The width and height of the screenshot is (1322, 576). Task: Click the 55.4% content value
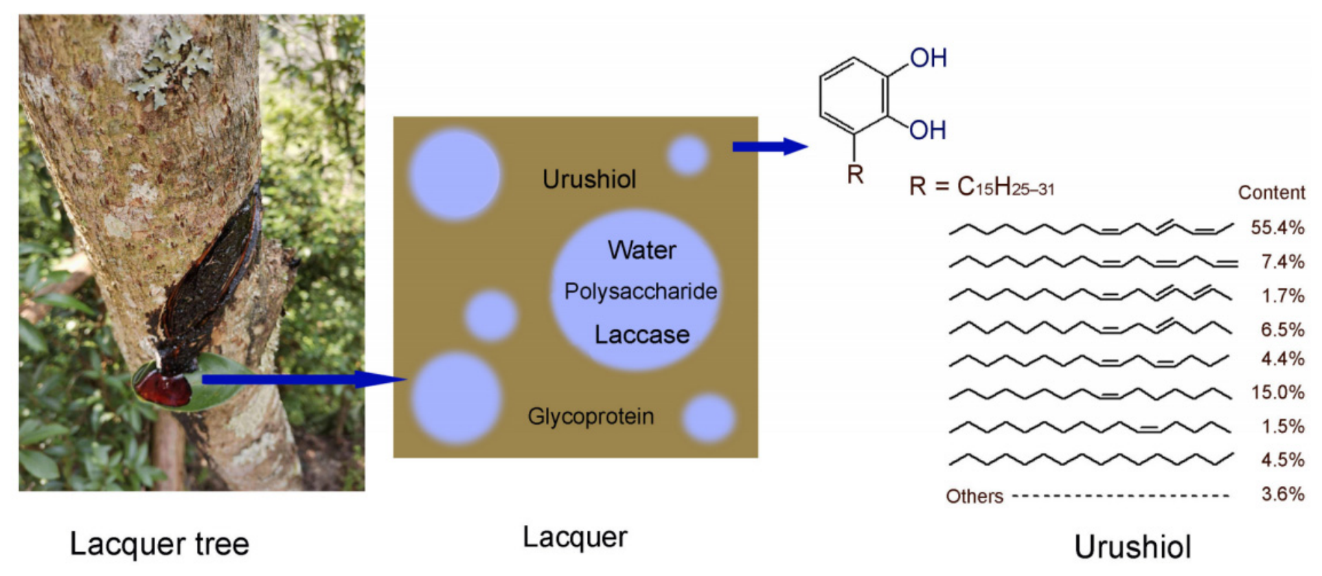coord(1277,228)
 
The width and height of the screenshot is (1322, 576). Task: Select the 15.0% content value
coord(1277,392)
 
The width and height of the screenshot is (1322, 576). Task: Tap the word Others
coord(975,496)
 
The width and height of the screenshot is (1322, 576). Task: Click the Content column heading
coord(1271,192)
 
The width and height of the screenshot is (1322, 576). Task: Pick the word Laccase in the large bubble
coord(642,335)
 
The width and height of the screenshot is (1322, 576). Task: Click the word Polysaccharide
coord(641,291)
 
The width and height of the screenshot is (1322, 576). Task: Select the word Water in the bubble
coord(642,250)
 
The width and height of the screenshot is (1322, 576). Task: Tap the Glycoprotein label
coord(591,417)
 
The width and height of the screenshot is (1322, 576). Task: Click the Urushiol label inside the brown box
coord(589,179)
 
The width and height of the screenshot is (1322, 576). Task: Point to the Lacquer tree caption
coord(159,544)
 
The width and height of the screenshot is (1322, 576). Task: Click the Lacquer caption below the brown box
coord(575,538)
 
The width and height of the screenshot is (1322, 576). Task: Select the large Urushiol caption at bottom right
coord(1132,547)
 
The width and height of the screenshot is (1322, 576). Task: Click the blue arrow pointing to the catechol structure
coord(770,146)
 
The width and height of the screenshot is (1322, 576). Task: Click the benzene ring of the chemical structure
coord(854,96)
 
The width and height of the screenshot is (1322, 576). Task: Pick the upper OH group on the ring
coord(928,58)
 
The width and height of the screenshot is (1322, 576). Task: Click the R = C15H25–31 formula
coord(981,186)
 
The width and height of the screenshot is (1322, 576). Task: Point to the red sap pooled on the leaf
coord(163,388)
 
